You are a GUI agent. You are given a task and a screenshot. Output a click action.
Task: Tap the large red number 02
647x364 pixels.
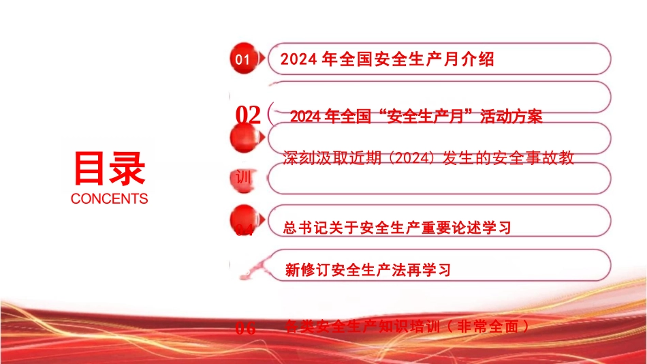point(248,115)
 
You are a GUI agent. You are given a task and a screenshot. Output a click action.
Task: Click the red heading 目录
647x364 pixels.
point(109,168)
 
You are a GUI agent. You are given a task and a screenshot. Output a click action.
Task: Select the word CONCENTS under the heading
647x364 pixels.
point(109,199)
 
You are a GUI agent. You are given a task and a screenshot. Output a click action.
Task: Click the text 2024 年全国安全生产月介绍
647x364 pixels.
point(387,59)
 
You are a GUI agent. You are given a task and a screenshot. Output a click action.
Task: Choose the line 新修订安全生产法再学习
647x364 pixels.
point(368,270)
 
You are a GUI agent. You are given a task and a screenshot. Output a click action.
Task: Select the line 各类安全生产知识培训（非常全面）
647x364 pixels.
point(409,327)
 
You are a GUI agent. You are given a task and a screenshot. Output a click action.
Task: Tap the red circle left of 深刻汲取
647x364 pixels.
point(244,136)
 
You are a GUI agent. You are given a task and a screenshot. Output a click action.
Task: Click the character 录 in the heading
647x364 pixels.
point(127,168)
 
